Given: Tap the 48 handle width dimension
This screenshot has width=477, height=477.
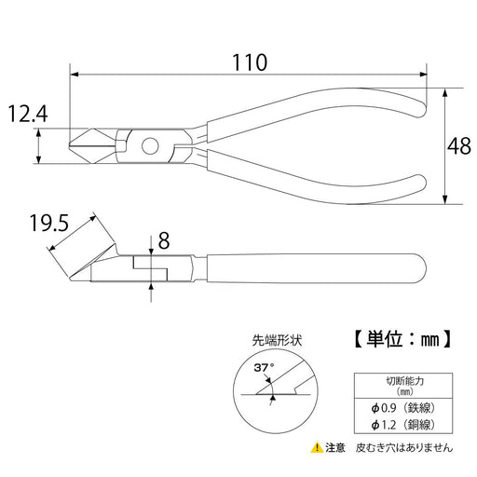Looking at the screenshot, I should (457, 146).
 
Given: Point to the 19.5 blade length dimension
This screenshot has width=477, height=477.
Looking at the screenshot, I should (49, 223).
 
